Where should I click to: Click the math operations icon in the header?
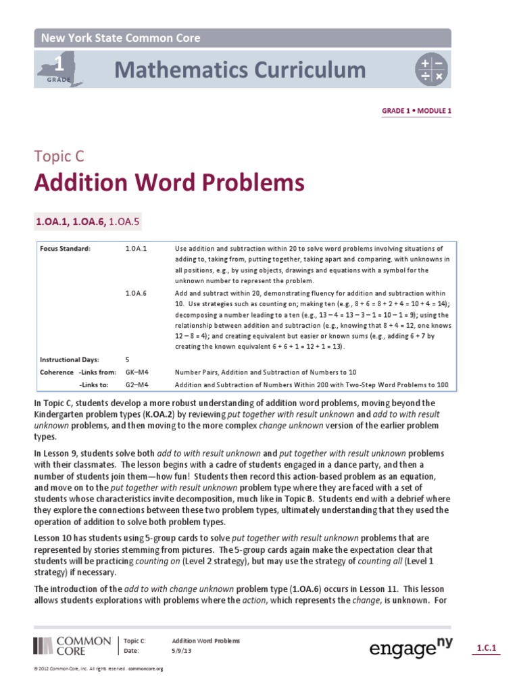pos(431,70)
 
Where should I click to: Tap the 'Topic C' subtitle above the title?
pos(60,157)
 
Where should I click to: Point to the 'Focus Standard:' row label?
pos(65,249)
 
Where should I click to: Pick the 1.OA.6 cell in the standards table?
pos(136,293)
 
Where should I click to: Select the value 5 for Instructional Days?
pos(128,360)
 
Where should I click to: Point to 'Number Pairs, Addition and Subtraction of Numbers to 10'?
pos(265,372)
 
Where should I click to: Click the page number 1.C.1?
pos(487,648)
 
